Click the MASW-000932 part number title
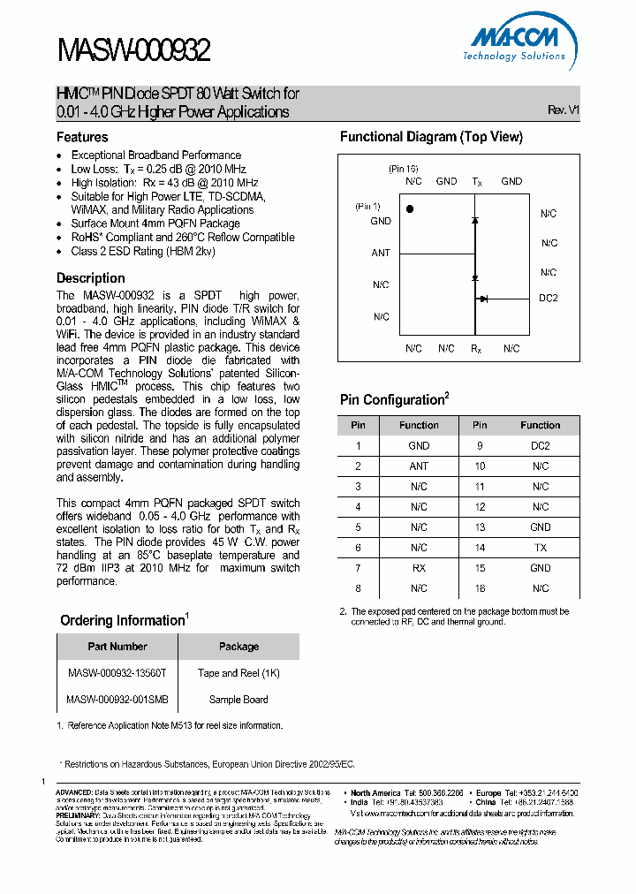(x=134, y=51)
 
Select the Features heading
(x=82, y=137)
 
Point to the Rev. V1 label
(x=563, y=110)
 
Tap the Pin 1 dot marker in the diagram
(x=409, y=208)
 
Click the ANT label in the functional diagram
(x=380, y=253)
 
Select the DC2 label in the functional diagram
(x=549, y=299)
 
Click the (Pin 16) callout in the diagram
(x=403, y=168)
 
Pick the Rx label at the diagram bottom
(x=476, y=349)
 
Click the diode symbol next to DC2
(x=483, y=299)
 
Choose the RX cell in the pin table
(x=419, y=568)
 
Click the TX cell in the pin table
(x=541, y=548)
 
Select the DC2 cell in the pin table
(x=541, y=446)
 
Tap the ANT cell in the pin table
(x=419, y=466)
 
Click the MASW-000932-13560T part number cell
(x=117, y=673)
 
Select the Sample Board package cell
(x=238, y=700)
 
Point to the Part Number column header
(x=117, y=647)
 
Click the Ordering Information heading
(x=124, y=620)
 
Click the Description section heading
(x=91, y=277)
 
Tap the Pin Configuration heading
(x=394, y=400)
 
